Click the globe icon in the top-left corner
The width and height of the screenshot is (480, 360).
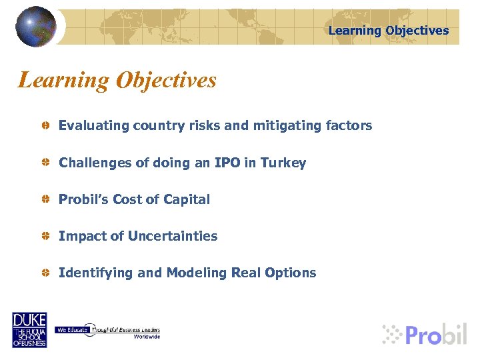36,26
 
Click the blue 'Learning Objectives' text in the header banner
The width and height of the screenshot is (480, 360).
389,31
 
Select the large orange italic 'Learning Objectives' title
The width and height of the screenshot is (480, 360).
117,81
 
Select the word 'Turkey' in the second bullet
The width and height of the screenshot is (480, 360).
283,163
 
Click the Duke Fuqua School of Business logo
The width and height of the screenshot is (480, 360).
29,329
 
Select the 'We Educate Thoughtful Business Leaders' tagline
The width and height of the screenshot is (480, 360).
107,331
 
